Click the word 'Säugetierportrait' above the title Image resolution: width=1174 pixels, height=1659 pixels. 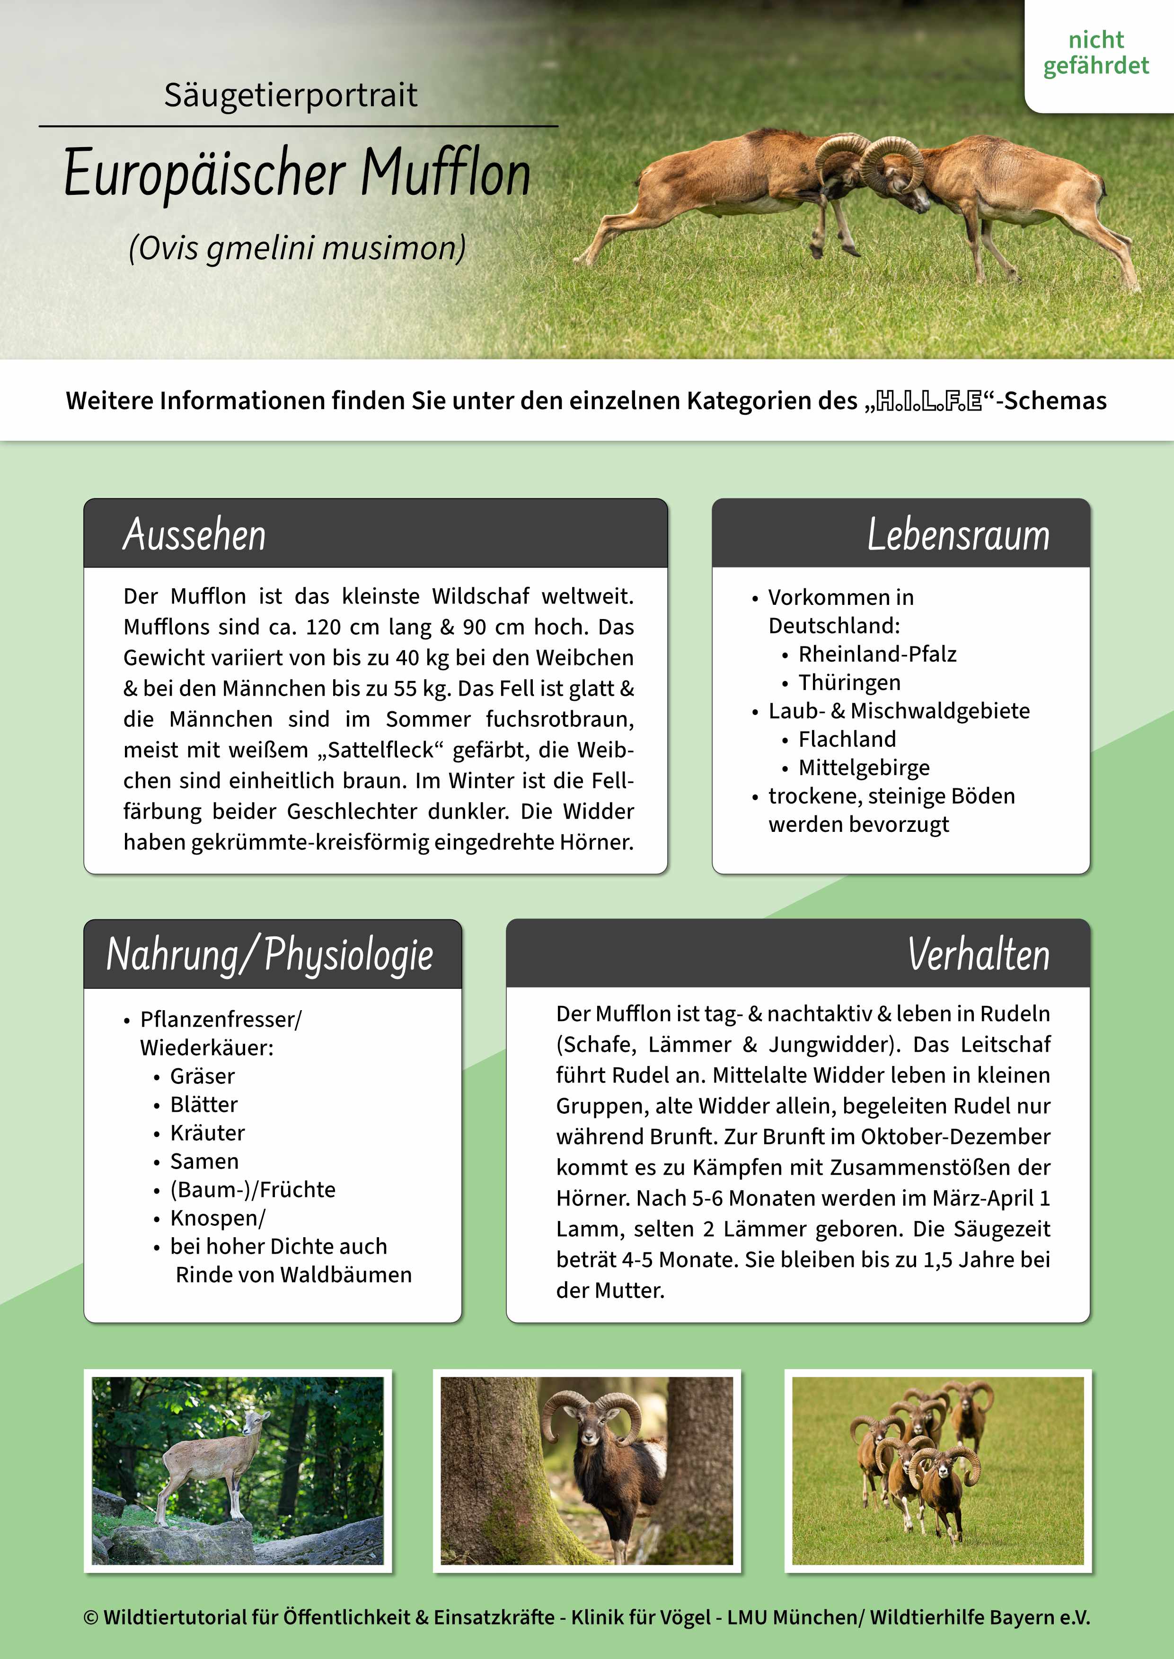click(291, 95)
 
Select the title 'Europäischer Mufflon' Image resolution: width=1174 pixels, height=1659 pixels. click(297, 174)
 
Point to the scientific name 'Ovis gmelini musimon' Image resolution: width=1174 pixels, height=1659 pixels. click(297, 248)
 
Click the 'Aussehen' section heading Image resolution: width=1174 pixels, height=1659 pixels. click(194, 535)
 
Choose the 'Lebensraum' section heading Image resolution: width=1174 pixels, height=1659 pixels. click(958, 535)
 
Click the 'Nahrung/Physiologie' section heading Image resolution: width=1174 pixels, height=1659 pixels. click(270, 954)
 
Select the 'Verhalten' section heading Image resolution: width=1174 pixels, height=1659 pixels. click(978, 954)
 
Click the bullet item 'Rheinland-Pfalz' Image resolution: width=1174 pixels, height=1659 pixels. click(877, 654)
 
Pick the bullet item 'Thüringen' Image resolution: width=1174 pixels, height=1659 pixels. click(849, 682)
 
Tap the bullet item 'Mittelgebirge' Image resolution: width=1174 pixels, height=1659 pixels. click(864, 768)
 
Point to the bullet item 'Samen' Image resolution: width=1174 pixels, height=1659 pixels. click(204, 1161)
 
